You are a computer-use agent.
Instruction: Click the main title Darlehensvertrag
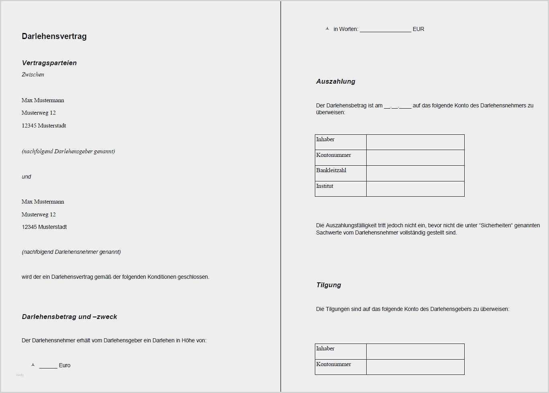click(x=54, y=36)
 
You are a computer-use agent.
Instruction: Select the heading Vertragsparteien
click(x=49, y=63)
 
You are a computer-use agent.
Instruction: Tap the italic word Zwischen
click(x=33, y=74)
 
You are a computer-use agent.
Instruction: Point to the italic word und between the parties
click(x=26, y=177)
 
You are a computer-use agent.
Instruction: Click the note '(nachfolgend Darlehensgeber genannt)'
click(x=68, y=151)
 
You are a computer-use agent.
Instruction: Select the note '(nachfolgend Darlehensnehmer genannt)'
click(x=71, y=252)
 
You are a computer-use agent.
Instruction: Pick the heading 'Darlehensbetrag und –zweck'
click(x=69, y=317)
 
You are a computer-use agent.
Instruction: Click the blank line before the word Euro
click(x=48, y=366)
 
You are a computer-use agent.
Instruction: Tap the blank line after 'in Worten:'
click(x=385, y=29)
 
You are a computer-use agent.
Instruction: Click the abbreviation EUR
click(x=418, y=29)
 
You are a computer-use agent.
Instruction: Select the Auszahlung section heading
click(x=335, y=81)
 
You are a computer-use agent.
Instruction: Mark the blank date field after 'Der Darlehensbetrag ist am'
click(x=397, y=106)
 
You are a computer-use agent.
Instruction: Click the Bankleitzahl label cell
click(x=341, y=173)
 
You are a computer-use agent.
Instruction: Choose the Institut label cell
click(x=341, y=189)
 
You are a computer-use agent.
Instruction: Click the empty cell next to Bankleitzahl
click(x=415, y=173)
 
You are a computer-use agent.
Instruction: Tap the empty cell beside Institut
click(x=415, y=189)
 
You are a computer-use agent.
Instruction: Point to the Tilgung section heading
click(x=329, y=285)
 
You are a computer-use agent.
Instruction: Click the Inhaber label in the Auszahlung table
click(x=325, y=140)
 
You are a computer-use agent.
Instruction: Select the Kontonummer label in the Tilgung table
click(x=333, y=364)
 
